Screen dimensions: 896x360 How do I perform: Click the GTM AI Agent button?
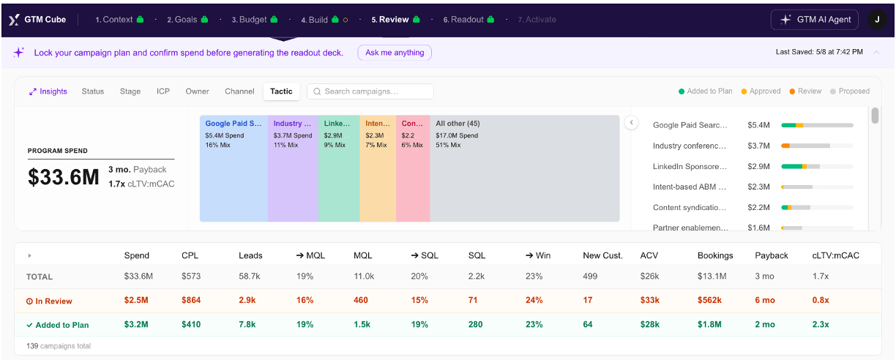[815, 20]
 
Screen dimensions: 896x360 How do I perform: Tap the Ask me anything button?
[395, 53]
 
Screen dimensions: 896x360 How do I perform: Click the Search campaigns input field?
[370, 91]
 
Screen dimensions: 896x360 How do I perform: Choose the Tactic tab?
[281, 91]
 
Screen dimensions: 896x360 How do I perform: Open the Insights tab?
[48, 91]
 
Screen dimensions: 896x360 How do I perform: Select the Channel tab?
[239, 91]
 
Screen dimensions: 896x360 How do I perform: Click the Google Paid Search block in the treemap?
[234, 168]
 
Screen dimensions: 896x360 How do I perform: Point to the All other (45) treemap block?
[525, 168]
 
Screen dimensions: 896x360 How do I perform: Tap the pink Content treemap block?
[413, 168]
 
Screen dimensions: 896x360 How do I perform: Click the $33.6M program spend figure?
[63, 177]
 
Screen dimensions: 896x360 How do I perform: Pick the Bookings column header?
[715, 255]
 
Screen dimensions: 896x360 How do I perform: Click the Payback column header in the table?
[772, 255]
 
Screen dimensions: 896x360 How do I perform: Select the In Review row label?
[49, 301]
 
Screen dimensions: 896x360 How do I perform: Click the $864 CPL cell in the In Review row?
[191, 301]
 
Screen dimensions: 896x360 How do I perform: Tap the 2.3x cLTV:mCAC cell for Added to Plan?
[821, 324]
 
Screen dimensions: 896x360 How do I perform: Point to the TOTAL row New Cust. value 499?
[590, 276]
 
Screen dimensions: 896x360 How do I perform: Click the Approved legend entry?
[761, 91]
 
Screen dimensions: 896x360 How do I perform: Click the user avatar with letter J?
[877, 20]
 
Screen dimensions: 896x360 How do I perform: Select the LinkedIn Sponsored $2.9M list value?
[758, 166]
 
